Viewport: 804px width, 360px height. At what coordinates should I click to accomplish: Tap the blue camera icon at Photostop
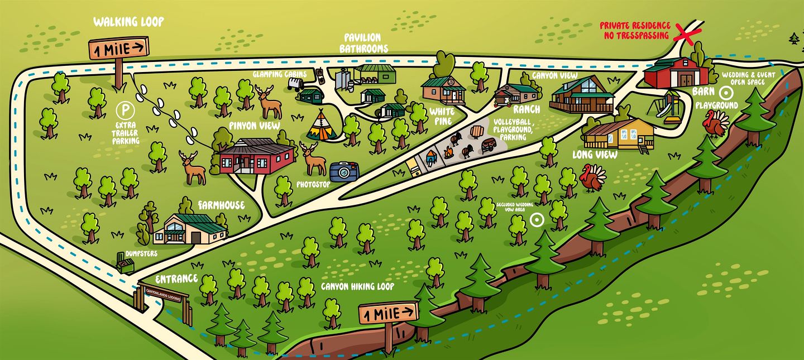(x=343, y=172)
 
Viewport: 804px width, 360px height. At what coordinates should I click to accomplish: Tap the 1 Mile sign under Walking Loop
(x=119, y=49)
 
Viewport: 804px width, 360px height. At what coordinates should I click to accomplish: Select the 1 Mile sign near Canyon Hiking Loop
(x=388, y=314)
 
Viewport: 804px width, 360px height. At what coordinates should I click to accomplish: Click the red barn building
(x=676, y=73)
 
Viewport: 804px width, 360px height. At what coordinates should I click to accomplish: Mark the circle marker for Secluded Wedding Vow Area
(x=537, y=220)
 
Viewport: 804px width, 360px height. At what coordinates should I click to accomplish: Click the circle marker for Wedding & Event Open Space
(x=727, y=93)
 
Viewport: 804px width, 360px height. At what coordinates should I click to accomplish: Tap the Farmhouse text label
(x=221, y=205)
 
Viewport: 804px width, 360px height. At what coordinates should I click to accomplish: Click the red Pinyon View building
(x=256, y=156)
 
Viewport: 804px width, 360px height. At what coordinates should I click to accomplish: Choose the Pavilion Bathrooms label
(x=363, y=43)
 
